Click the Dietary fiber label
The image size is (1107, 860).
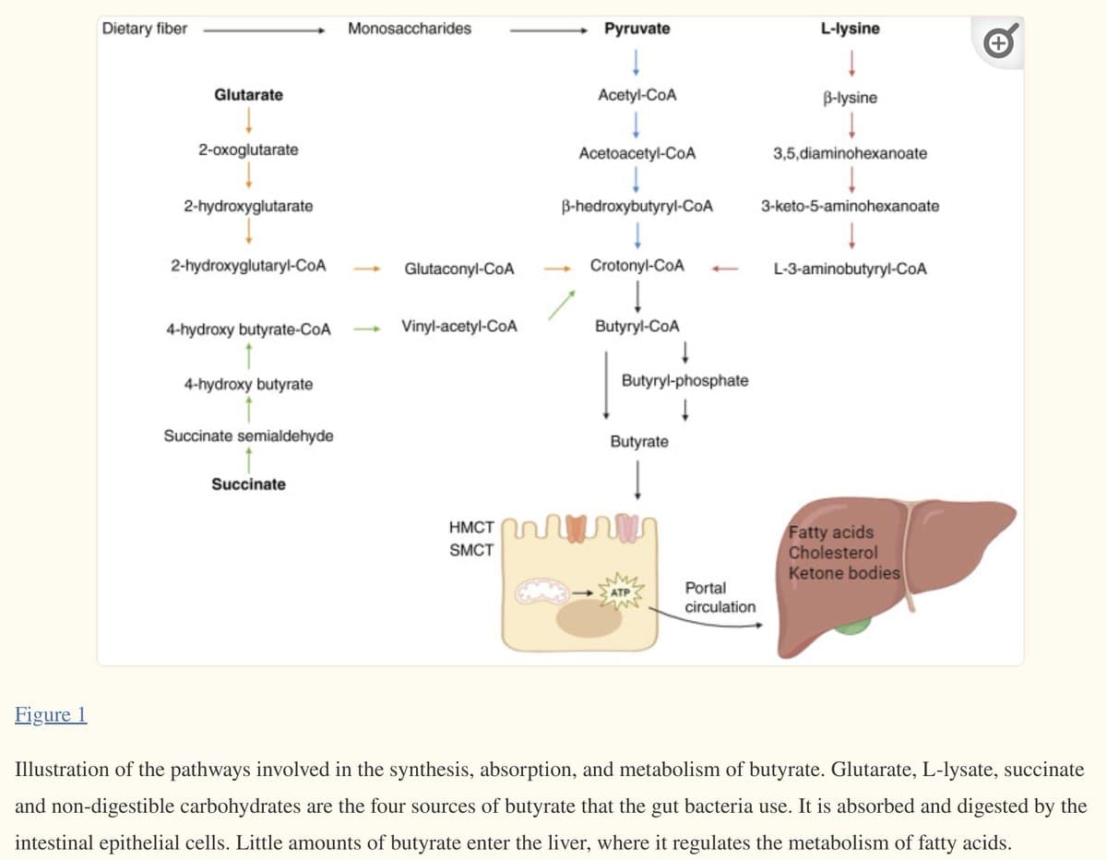point(145,29)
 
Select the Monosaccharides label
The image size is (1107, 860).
point(410,29)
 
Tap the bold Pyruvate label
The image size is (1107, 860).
point(637,29)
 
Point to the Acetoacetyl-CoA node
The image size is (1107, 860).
point(637,153)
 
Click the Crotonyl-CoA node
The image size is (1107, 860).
point(637,266)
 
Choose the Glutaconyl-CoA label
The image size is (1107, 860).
point(459,269)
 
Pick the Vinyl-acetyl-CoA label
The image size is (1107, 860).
point(459,326)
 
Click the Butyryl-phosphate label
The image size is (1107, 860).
point(684,380)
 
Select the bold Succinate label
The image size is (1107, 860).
point(248,484)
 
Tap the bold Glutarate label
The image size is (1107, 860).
point(248,95)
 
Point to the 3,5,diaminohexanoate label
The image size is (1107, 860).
point(850,153)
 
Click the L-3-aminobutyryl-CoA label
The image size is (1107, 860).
point(850,269)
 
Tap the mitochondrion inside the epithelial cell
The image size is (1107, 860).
point(543,591)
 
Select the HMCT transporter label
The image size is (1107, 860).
point(470,528)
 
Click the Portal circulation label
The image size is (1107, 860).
point(719,597)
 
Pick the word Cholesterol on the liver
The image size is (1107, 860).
point(833,553)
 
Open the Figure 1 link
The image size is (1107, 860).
point(52,715)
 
